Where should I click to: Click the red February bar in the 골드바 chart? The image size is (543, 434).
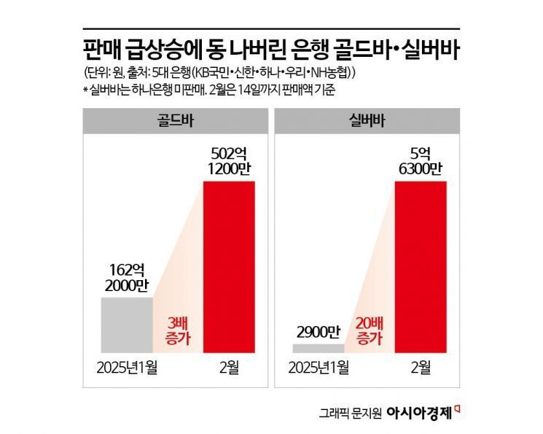coord(228,267)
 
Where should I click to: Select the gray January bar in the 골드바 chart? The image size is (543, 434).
coord(128,325)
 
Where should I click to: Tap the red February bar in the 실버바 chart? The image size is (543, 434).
coord(420,267)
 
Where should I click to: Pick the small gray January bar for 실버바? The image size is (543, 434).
coord(319,348)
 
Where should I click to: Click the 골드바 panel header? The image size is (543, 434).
coord(169,119)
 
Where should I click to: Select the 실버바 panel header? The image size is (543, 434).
coord(362,119)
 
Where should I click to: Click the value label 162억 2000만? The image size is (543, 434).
coord(128,277)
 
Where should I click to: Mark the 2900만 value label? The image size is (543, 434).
coord(318,332)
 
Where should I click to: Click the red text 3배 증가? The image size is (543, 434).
coord(178,330)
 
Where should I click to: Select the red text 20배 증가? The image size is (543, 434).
coord(369,330)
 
